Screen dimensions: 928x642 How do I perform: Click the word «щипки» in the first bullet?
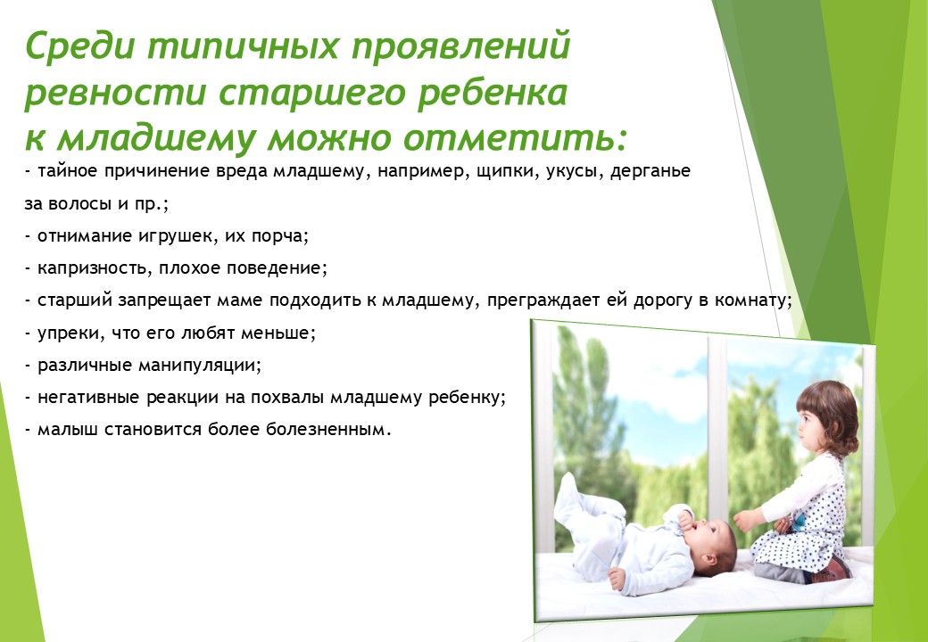(500, 172)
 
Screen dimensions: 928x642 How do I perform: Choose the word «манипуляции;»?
(200, 366)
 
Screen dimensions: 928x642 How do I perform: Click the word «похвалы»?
(287, 398)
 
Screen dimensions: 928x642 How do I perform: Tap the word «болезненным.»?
(329, 429)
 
